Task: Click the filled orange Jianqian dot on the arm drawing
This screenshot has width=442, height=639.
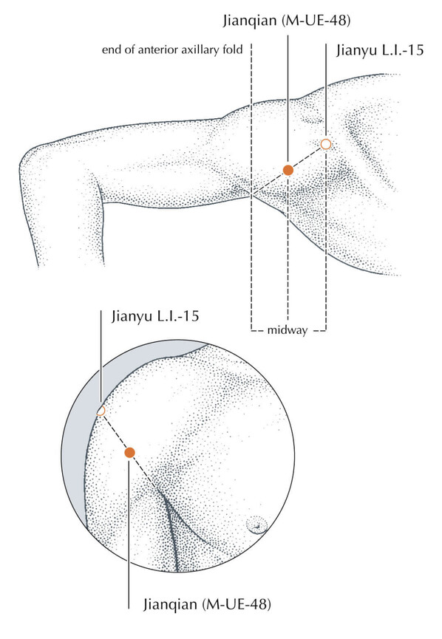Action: click(288, 170)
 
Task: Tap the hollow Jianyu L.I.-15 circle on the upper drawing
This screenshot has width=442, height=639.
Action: click(325, 144)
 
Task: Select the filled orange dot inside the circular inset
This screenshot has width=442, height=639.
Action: click(129, 452)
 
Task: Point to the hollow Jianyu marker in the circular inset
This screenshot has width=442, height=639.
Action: click(101, 411)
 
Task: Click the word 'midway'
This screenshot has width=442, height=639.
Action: click(287, 330)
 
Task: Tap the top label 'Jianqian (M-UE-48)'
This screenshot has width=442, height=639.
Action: click(287, 21)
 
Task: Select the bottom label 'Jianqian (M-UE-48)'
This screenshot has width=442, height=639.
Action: click(207, 604)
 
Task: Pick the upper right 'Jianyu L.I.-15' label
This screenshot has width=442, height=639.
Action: click(380, 50)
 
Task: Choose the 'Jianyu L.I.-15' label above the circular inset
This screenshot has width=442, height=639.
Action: click(155, 316)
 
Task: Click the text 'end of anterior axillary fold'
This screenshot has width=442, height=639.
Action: click(172, 49)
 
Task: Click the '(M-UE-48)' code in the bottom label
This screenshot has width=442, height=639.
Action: click(237, 604)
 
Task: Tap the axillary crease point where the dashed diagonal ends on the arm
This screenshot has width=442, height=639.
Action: click(251, 195)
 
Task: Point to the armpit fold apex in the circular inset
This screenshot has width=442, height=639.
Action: click(163, 494)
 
